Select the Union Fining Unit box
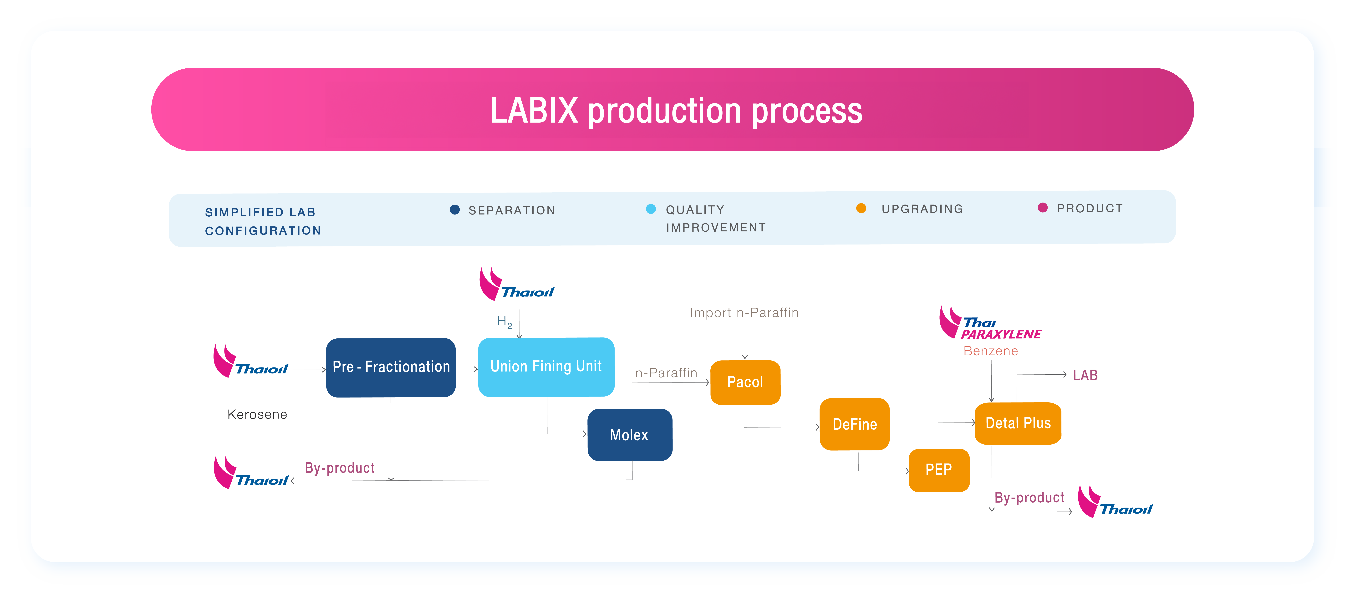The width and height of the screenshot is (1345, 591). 546,367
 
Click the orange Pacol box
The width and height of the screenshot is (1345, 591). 745,382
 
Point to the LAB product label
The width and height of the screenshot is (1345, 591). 1085,375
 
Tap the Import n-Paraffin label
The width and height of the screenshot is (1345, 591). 744,313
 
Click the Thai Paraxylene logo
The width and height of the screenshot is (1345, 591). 989,324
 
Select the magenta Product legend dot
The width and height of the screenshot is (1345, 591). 1043,208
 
